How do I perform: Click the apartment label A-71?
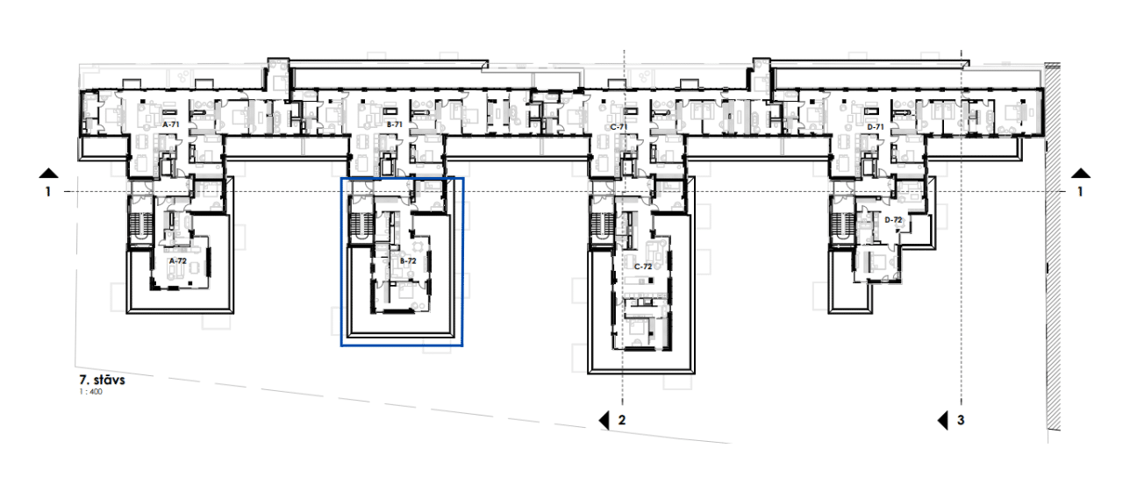(x=171, y=125)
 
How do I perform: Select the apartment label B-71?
(x=395, y=125)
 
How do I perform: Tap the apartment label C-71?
(x=619, y=127)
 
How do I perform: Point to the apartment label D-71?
(x=876, y=127)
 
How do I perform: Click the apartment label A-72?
(x=178, y=260)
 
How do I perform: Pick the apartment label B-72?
(x=408, y=261)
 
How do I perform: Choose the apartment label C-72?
(x=643, y=267)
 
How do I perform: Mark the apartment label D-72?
(x=893, y=220)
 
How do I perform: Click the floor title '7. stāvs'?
(x=102, y=380)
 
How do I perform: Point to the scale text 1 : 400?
(x=91, y=392)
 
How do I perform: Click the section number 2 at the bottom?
(x=622, y=420)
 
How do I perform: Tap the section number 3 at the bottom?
(x=961, y=420)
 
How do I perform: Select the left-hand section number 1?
(x=48, y=192)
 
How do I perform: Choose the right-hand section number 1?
(x=1080, y=192)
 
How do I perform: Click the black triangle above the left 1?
(x=49, y=174)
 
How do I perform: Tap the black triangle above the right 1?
(x=1081, y=174)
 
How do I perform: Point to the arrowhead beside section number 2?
(x=604, y=421)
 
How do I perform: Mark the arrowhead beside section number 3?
(x=942, y=421)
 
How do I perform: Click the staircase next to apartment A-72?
(x=139, y=224)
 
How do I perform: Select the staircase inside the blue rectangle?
(x=361, y=224)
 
